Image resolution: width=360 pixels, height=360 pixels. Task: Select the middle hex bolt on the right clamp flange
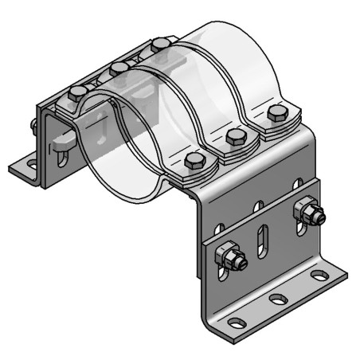click(236, 135)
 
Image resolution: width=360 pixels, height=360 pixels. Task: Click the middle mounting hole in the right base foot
click(279, 299)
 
